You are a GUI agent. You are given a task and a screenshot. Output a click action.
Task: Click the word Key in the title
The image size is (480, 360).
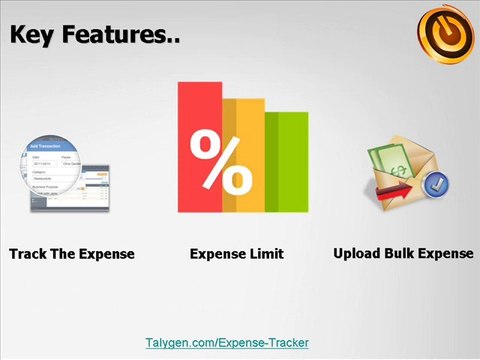click(36, 36)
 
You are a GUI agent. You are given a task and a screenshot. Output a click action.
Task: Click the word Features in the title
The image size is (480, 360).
click(121, 36)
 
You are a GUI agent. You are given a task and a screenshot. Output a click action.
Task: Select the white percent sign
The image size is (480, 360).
click(221, 162)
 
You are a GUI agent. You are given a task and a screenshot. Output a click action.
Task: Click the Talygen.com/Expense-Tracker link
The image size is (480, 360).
click(227, 342)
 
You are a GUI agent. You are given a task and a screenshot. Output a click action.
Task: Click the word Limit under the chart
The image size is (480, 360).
click(265, 254)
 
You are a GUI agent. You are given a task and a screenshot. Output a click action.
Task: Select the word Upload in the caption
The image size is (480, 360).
click(356, 253)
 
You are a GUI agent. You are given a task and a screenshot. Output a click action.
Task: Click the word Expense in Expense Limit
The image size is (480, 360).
click(216, 254)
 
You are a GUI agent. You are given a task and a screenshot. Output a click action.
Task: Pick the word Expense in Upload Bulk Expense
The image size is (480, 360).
click(447, 253)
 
